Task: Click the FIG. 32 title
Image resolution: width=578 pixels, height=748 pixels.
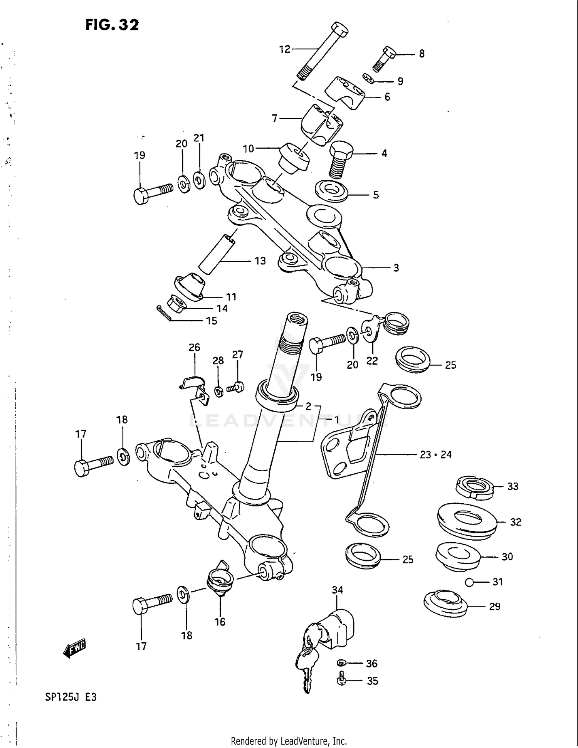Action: (x=112, y=25)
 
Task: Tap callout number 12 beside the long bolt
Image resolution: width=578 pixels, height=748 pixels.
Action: (x=284, y=49)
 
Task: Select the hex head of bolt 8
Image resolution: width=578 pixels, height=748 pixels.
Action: (x=390, y=52)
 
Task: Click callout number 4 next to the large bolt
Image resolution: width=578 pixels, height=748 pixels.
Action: (x=384, y=153)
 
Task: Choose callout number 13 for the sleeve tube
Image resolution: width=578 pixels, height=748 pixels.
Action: (x=260, y=261)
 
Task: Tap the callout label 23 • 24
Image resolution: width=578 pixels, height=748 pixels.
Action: (x=435, y=455)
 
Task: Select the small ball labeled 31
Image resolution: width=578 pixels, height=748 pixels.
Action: (x=469, y=582)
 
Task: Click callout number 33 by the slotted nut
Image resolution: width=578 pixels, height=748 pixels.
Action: (x=512, y=486)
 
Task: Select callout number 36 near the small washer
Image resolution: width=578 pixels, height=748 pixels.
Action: (x=371, y=663)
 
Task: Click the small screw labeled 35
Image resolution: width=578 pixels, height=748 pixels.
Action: (x=341, y=681)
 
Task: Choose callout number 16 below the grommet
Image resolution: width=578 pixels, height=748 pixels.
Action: (x=220, y=622)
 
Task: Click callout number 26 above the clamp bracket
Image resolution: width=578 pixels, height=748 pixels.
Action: (x=194, y=347)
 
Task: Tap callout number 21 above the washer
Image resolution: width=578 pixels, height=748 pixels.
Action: (x=199, y=138)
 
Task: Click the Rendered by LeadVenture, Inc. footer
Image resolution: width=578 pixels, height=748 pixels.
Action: (x=289, y=741)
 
